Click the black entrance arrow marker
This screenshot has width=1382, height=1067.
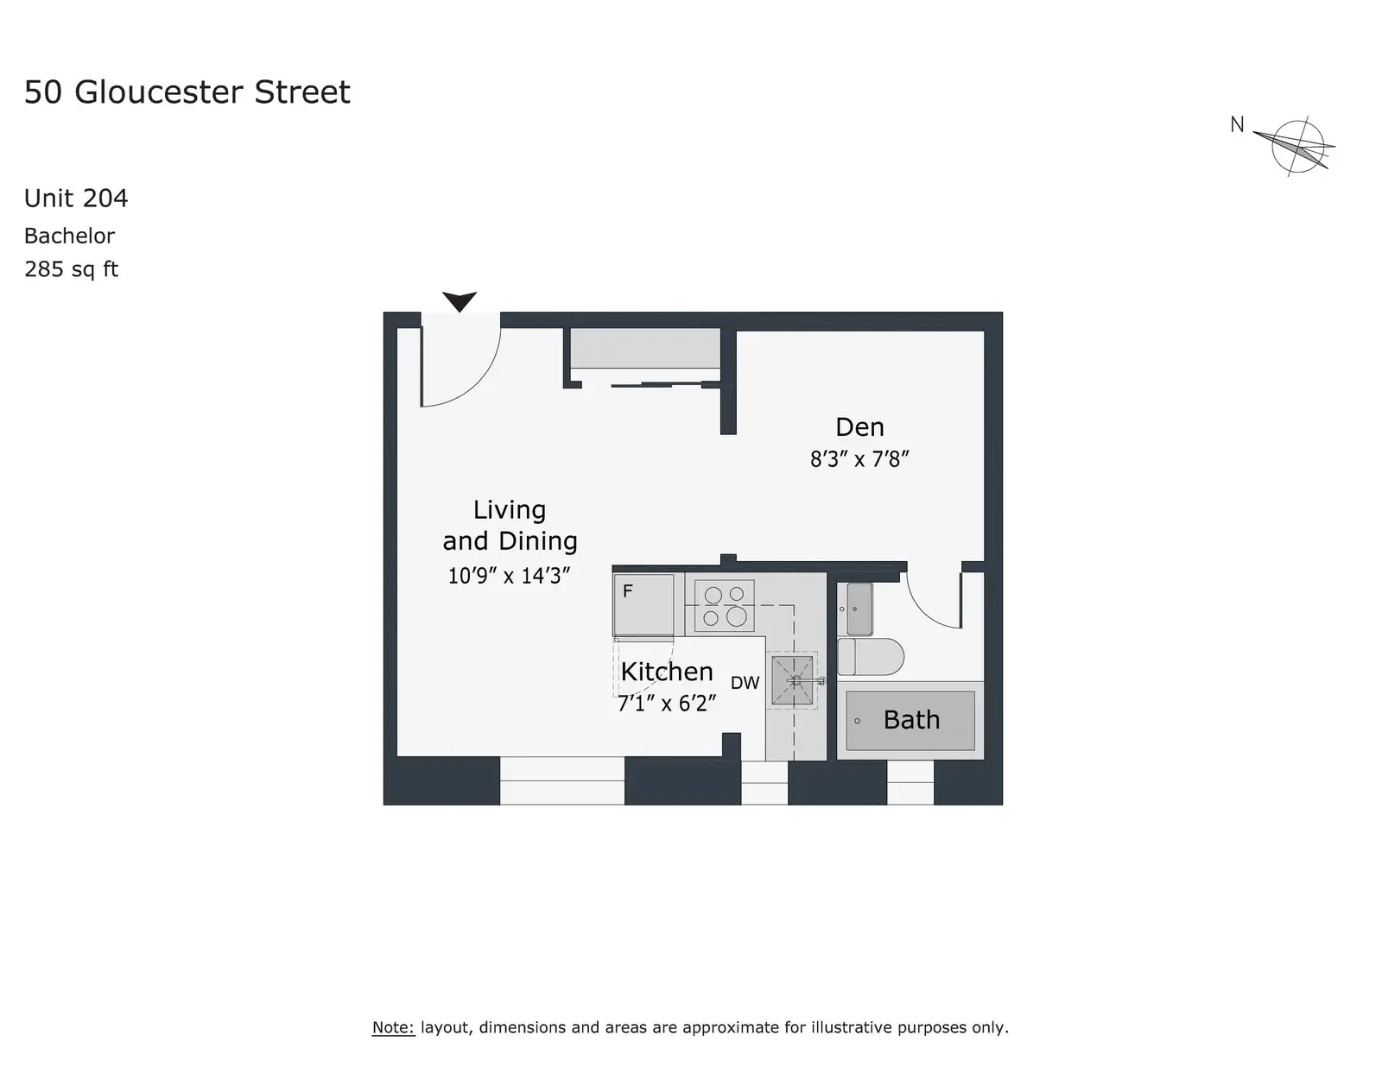pos(460,300)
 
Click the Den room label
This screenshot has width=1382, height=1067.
pos(859,427)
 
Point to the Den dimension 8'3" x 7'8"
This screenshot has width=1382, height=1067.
pos(859,459)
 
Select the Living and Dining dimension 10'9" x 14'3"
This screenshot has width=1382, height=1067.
pos(509,576)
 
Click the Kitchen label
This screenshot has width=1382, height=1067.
pos(667,671)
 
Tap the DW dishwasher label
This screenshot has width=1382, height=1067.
pos(745,683)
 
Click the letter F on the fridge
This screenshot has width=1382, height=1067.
pos(628,591)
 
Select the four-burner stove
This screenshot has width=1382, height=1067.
pos(725,606)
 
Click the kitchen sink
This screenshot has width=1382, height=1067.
pos(792,680)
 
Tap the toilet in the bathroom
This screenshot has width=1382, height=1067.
pos(870,656)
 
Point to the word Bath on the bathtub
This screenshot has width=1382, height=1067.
pos(911,720)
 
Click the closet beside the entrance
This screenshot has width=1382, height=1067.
pos(645,348)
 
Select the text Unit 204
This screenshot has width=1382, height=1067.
pos(76,199)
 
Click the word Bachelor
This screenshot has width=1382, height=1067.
pos(69,236)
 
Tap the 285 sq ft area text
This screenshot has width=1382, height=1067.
pos(71,268)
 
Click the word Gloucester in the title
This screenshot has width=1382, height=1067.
pos(158,92)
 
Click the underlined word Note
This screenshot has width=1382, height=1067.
pos(393,1027)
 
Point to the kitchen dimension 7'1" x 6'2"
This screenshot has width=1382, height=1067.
pos(667,704)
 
